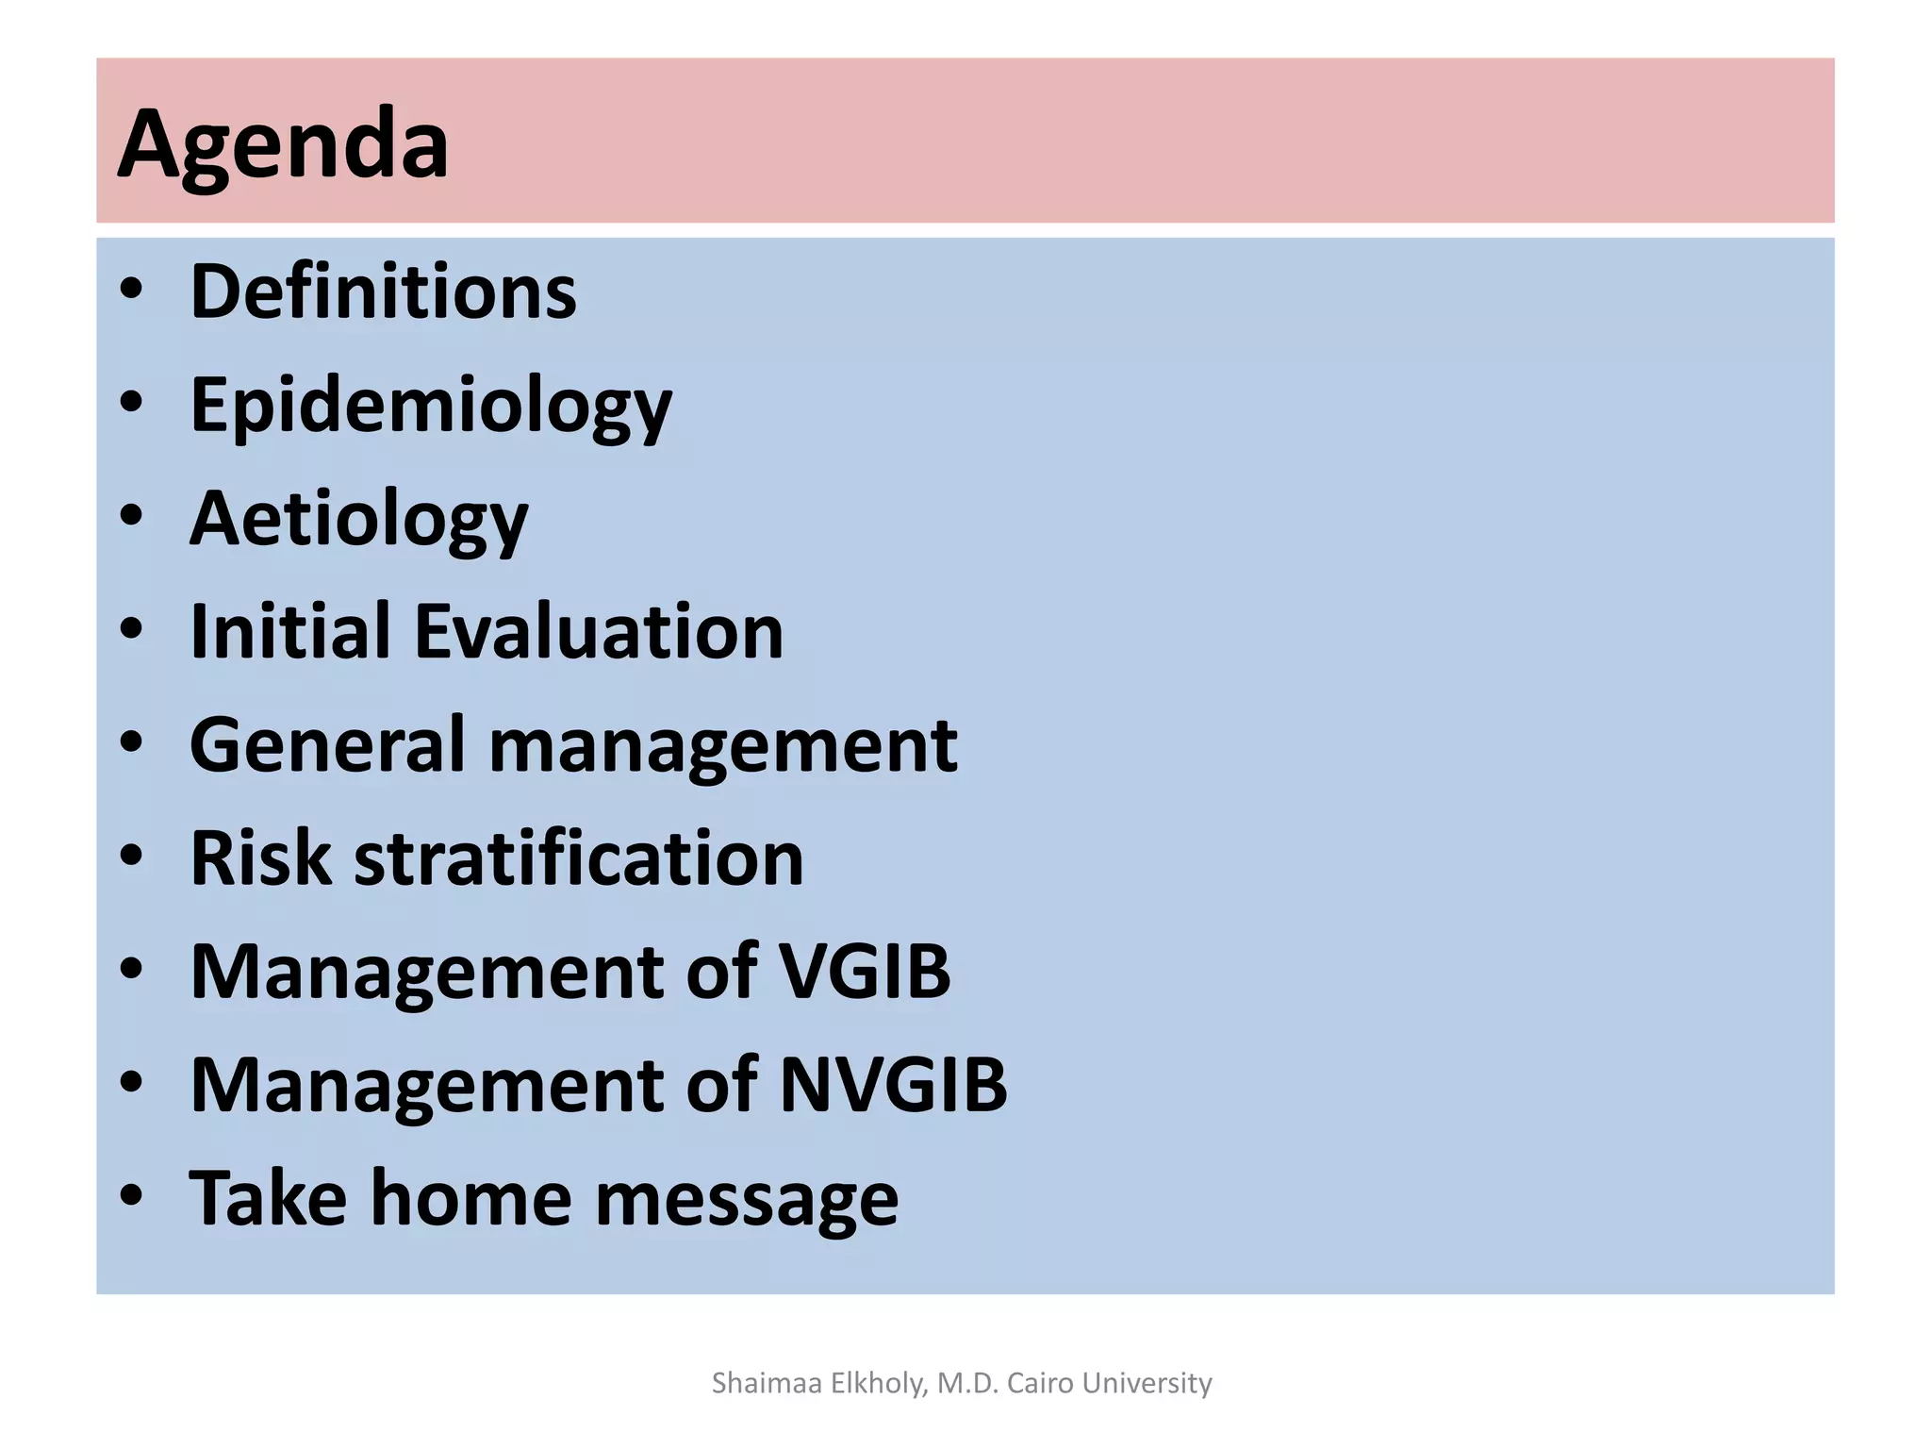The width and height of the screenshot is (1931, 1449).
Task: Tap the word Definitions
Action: point(383,291)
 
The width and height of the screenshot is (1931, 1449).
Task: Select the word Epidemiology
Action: point(431,407)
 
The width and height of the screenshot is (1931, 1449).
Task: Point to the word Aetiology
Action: point(359,520)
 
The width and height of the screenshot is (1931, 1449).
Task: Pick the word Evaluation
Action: point(599,631)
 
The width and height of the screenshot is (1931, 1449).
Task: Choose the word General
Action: point(327,745)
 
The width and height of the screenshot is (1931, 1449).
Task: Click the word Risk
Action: point(261,858)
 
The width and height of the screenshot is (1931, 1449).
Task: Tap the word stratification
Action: point(578,858)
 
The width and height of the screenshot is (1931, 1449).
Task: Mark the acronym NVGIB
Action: point(893,1085)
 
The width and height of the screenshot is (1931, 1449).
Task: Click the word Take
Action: point(268,1198)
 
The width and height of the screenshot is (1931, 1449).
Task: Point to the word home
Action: point(470,1198)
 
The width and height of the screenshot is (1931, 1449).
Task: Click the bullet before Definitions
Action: point(131,290)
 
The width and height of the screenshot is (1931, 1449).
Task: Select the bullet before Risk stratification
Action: point(131,857)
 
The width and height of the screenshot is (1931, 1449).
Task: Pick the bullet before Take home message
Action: point(131,1196)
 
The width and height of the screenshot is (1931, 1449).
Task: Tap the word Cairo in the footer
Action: point(1041,1383)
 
